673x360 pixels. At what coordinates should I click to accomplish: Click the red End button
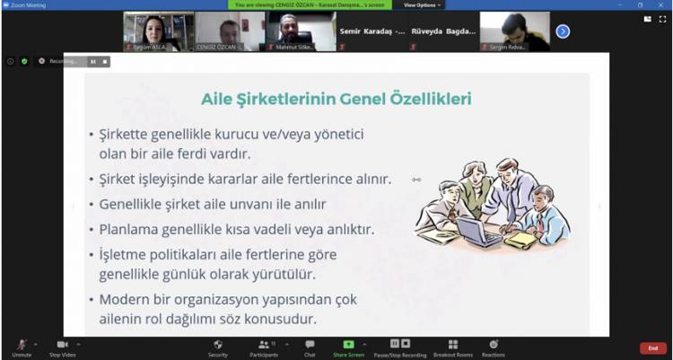(652, 348)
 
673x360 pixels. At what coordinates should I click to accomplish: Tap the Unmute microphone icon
(22, 345)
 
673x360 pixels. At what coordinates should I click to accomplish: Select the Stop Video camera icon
(62, 345)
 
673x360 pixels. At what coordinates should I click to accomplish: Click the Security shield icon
(218, 345)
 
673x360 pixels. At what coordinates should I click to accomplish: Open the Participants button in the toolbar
(264, 345)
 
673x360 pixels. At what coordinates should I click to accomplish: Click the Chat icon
(310, 345)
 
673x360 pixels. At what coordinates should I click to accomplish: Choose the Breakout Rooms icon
(452, 345)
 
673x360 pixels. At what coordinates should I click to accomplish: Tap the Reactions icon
(492, 345)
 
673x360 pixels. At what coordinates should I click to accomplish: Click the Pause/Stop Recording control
(400, 345)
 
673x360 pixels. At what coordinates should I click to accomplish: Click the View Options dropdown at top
(421, 4)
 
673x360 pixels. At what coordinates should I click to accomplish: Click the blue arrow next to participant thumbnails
(563, 31)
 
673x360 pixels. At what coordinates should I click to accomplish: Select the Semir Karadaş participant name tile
(372, 31)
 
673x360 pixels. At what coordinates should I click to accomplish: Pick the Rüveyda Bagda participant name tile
(445, 31)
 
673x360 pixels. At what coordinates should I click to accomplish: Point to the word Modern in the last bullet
(122, 299)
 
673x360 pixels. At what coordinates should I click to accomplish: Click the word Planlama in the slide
(127, 229)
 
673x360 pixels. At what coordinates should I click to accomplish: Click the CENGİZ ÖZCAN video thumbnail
(229, 31)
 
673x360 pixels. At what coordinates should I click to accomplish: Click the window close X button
(662, 4)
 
